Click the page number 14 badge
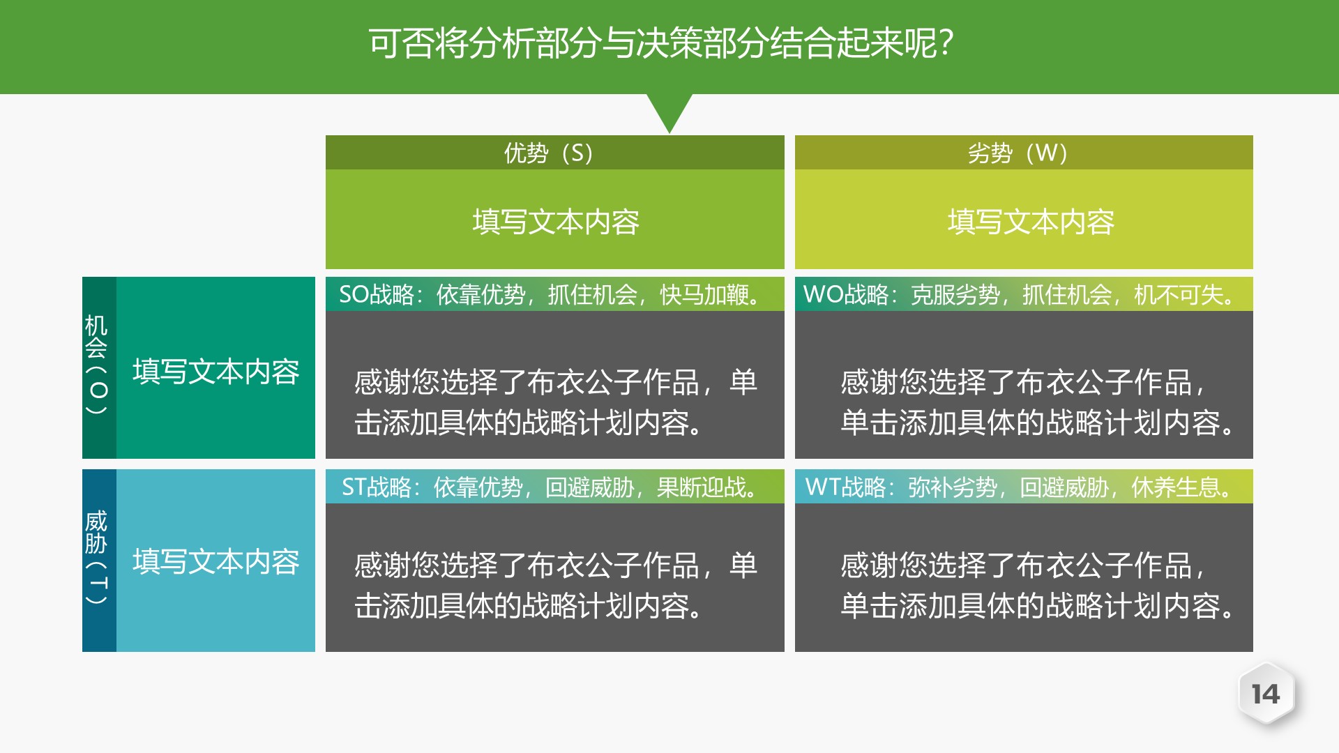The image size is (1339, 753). pos(1266,694)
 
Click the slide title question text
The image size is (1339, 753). pos(660,43)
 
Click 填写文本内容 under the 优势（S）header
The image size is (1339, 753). pos(555,222)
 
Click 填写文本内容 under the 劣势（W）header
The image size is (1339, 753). pos(1030,222)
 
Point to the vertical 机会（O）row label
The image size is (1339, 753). pos(98,365)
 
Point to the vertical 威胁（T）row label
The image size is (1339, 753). pos(98,558)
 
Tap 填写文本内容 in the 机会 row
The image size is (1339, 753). pos(215,372)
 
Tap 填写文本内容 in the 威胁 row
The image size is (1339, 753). pos(215,562)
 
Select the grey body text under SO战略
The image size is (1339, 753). pos(554,402)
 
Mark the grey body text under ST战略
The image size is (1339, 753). pos(554,586)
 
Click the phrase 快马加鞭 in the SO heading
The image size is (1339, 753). pos(704,295)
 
